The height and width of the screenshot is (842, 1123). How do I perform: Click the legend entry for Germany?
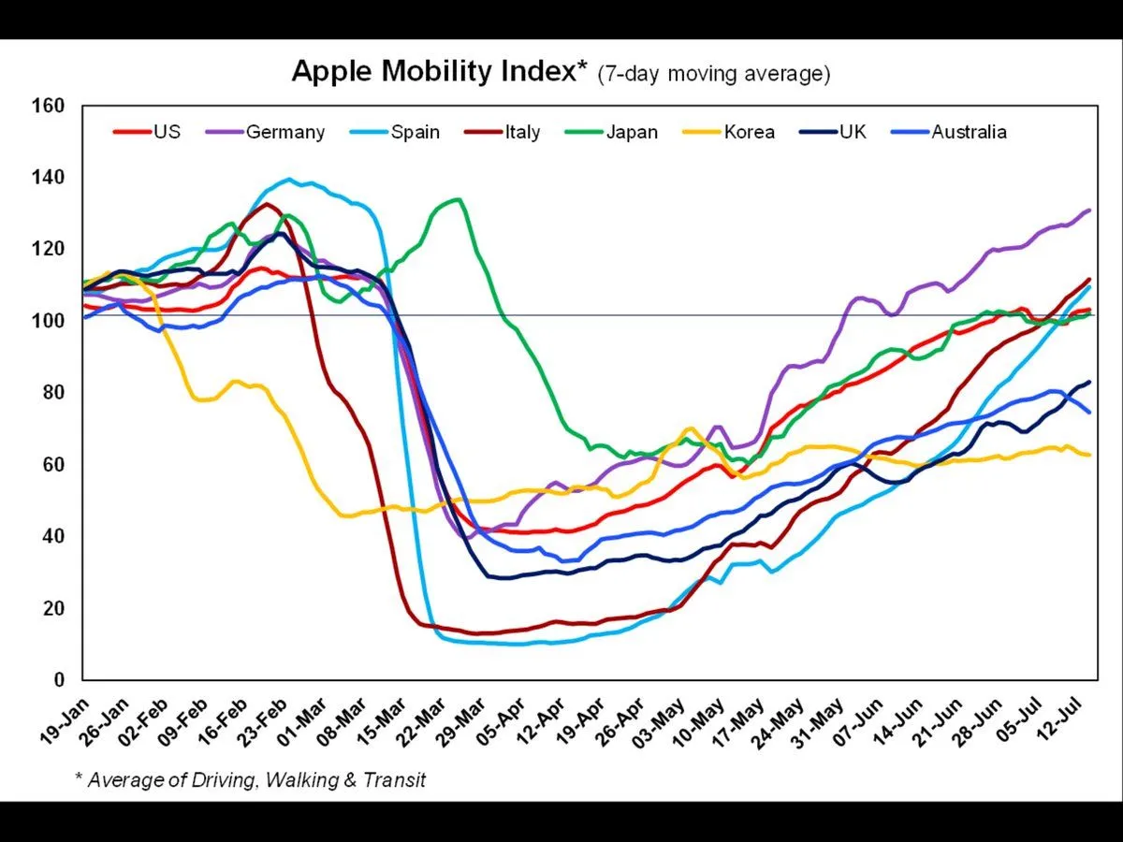285,132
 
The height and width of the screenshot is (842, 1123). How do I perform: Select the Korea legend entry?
749,132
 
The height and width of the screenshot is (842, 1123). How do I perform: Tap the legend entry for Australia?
969,132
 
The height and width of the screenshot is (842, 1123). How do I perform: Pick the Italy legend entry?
522,132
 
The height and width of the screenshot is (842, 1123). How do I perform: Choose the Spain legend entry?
416,132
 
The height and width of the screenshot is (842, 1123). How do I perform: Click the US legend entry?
167,132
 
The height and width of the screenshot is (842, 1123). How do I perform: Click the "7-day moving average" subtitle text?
714,74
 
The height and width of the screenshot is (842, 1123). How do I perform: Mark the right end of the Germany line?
1090,210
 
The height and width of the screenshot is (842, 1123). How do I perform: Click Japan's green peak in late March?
457,198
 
